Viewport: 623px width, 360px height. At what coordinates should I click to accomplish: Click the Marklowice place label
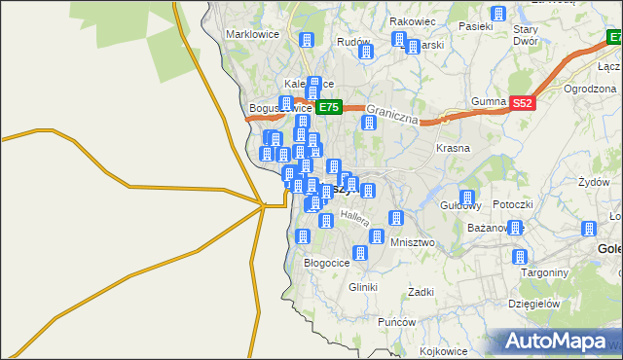[252, 34]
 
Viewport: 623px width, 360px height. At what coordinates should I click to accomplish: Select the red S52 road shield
[523, 102]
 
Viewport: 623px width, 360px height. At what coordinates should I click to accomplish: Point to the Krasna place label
[454, 148]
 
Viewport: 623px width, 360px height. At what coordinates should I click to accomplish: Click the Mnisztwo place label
[412, 241]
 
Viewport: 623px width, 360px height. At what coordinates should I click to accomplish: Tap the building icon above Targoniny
[520, 257]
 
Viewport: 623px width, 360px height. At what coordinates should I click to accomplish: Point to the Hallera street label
[354, 218]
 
